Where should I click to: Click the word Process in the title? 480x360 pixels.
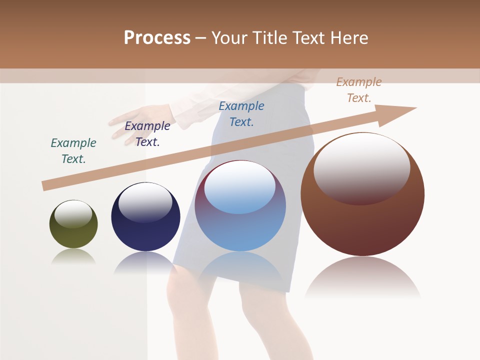pyautogui.click(x=157, y=38)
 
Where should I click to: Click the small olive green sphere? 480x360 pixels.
pyautogui.click(x=73, y=235)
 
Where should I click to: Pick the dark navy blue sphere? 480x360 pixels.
pyautogui.click(x=145, y=230)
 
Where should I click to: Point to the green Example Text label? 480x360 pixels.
pyautogui.click(x=73, y=151)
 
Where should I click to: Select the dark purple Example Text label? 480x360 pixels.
pyautogui.click(x=147, y=134)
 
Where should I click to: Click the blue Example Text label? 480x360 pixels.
pyautogui.click(x=241, y=114)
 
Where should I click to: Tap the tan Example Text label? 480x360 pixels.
pyautogui.click(x=359, y=90)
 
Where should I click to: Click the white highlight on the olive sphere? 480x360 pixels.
pyautogui.click(x=73, y=213)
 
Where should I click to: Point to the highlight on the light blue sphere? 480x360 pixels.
pyautogui.click(x=240, y=187)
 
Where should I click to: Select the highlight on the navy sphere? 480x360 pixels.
pyautogui.click(x=145, y=202)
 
